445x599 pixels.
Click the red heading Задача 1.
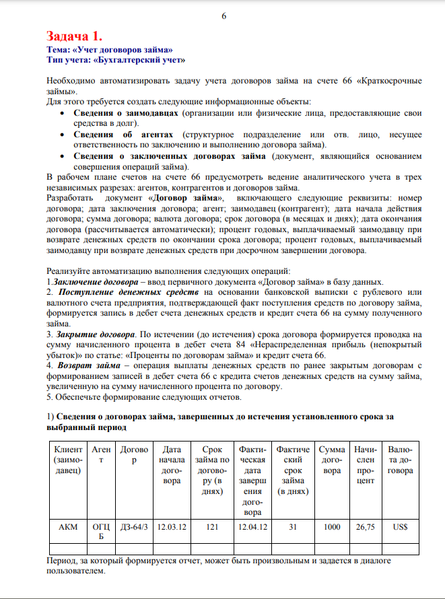pos(74,36)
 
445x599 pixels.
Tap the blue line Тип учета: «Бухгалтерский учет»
pos(115,59)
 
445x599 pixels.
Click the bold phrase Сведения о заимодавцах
pos(126,113)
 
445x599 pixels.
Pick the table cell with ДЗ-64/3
pos(133,527)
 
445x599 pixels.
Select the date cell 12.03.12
pos(171,527)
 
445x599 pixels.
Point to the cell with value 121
pos(212,527)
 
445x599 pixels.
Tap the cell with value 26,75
pos(365,527)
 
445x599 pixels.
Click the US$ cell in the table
pos(400,527)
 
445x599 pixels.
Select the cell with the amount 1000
pos(332,527)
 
